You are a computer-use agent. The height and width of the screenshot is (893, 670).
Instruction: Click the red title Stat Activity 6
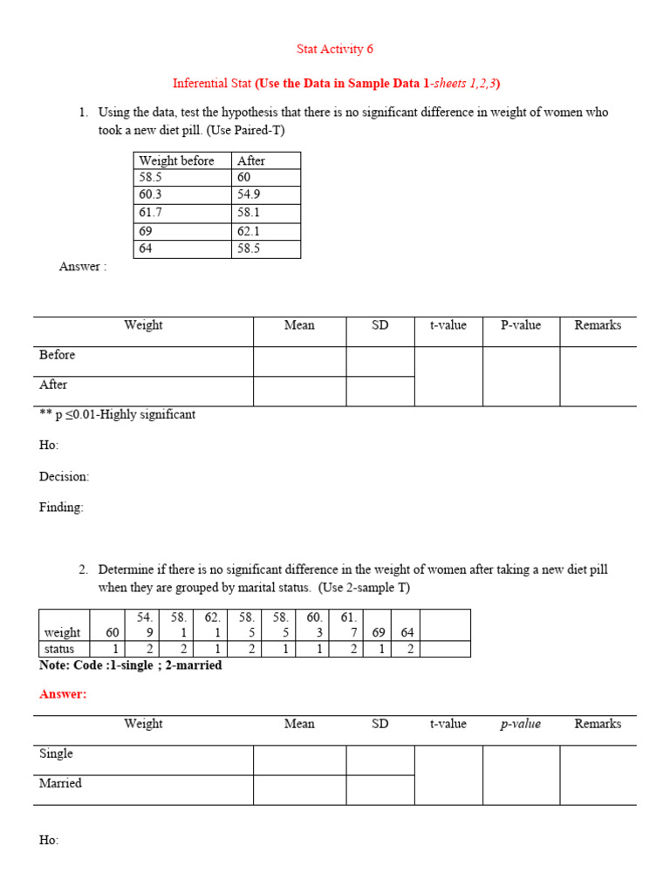[x=335, y=49]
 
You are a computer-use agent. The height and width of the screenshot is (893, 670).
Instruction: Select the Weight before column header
[x=176, y=160]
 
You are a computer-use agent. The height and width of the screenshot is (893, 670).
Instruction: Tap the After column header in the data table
[x=251, y=160]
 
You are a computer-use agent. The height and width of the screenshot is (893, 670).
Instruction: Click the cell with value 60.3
[x=150, y=194]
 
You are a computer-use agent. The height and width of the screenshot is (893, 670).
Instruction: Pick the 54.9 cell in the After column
[x=249, y=194]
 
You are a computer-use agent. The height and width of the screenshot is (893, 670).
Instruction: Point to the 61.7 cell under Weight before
[x=150, y=212]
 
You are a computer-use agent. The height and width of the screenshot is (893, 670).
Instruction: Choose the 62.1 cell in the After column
[x=249, y=231]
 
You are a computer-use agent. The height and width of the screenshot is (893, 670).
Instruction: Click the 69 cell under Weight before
[x=146, y=231]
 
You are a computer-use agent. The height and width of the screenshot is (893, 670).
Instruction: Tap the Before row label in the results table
[x=58, y=355]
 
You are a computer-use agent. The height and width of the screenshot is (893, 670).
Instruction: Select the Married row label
[x=61, y=783]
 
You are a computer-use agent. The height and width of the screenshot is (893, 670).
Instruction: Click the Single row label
[x=57, y=753]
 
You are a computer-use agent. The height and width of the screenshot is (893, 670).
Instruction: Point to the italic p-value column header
[x=521, y=724]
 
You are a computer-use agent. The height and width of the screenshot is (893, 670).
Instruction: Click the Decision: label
[x=65, y=477]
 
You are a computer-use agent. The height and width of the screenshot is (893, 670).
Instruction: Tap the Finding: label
[x=62, y=508]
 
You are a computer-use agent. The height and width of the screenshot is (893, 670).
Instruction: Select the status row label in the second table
[x=59, y=649]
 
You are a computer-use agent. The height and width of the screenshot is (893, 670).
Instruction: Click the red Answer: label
[x=64, y=694]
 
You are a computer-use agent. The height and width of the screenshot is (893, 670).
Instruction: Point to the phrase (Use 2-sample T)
[x=364, y=588]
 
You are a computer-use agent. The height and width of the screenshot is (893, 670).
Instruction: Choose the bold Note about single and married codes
[x=131, y=665]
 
